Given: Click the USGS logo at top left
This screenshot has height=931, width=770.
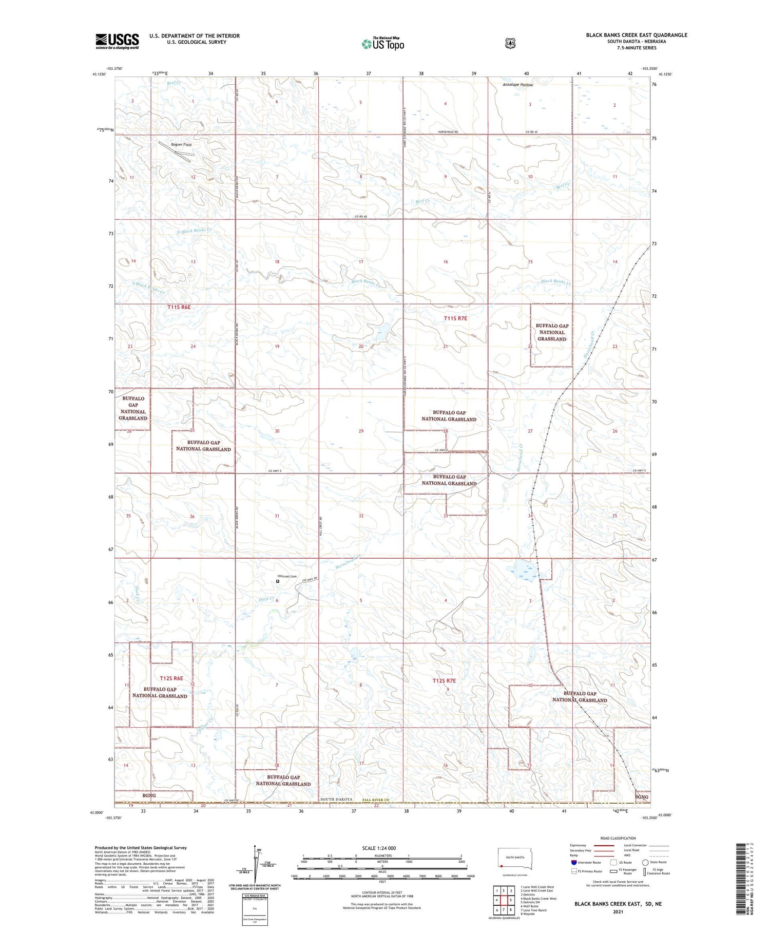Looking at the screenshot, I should point(117,41).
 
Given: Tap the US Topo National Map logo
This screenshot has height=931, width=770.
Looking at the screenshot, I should point(382,44).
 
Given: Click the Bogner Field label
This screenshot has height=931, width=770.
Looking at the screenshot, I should point(181,145).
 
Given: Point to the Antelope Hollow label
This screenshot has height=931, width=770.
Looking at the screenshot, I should point(517,85).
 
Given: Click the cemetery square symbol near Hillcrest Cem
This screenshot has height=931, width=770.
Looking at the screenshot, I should point(278,581).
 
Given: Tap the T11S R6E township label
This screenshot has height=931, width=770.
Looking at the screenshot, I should point(179,307).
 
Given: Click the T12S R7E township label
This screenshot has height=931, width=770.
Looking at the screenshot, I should point(444,680).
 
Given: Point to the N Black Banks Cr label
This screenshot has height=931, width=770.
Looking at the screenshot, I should point(194,231).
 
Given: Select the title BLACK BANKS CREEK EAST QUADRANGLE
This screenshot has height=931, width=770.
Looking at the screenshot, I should point(636,35).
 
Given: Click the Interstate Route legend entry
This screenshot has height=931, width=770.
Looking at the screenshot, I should point(585,862).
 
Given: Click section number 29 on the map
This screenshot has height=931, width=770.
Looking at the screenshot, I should point(361,431).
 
